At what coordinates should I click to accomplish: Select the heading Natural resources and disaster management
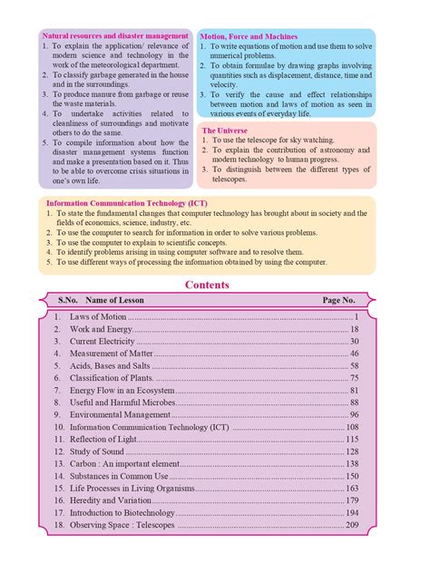coord(116,35)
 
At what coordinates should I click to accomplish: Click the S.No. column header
coord(69,300)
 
